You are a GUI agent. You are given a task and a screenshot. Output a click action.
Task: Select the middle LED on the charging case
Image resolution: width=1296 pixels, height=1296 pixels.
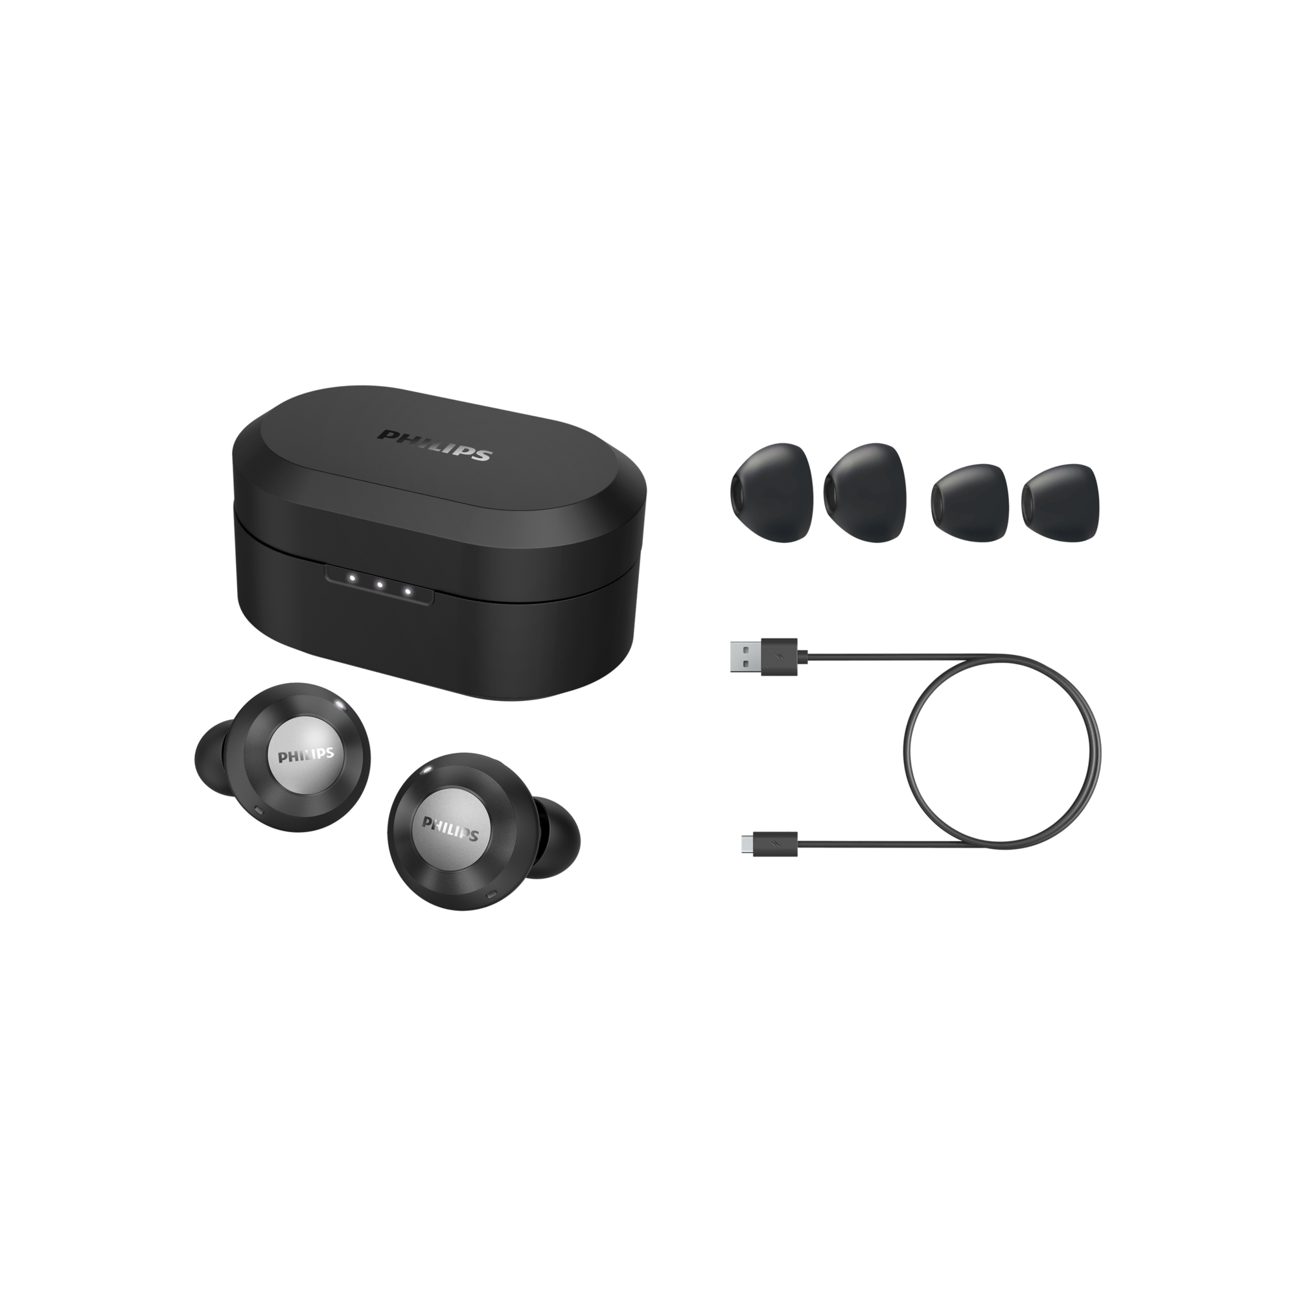(x=379, y=566)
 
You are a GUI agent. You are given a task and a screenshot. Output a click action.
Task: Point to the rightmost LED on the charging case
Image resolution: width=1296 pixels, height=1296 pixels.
(x=407, y=572)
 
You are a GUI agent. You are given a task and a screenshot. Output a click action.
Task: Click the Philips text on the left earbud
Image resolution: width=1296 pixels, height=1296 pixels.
(x=306, y=754)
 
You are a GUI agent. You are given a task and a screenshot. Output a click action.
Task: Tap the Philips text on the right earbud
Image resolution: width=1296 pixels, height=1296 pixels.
(x=450, y=829)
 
